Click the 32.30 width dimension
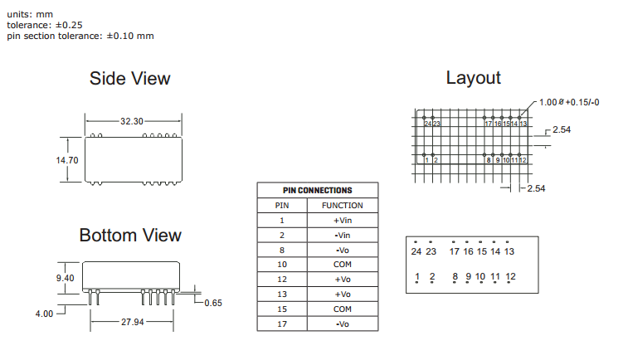tap(131, 121)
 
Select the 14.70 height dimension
tap(67, 160)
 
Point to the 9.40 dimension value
tap(66, 279)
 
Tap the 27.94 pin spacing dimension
tap(133, 321)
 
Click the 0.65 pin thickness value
tap(213, 303)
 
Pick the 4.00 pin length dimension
tap(44, 314)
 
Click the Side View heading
tap(129, 79)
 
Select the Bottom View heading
tap(130, 236)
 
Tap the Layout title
tap(473, 78)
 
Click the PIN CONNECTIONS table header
tap(317, 190)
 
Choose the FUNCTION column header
tap(343, 206)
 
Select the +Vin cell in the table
tap(343, 221)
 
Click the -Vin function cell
tap(343, 236)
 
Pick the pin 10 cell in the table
tap(281, 265)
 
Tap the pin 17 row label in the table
tap(281, 324)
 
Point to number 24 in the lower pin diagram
tap(416, 251)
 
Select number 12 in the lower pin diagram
tap(510, 276)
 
